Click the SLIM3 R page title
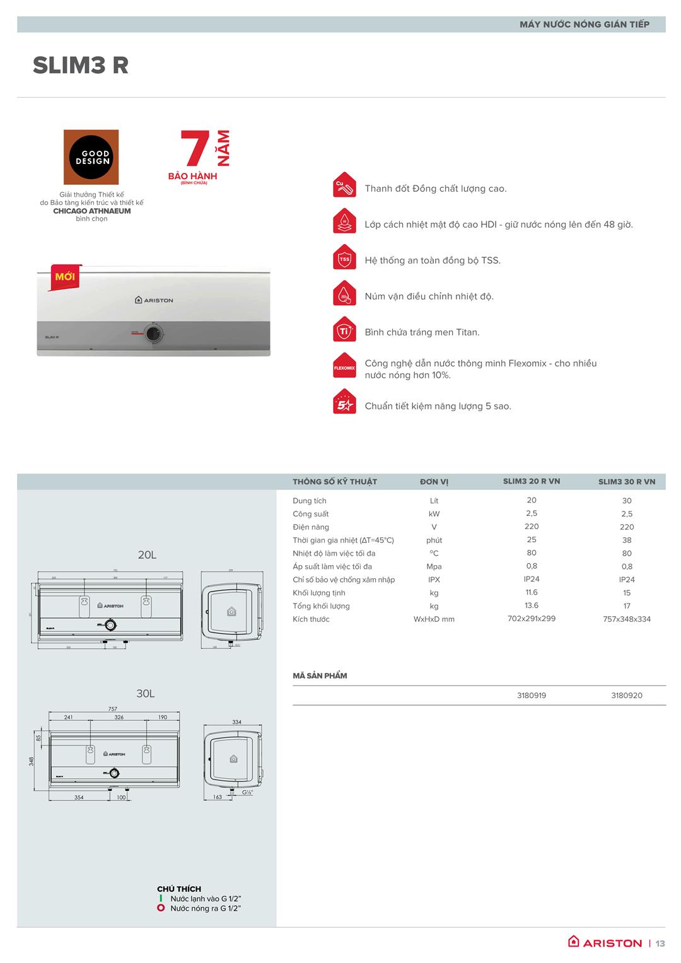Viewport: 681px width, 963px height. pos(81,66)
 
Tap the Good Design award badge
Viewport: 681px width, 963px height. pos(91,157)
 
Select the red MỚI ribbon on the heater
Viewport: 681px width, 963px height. pos(64,277)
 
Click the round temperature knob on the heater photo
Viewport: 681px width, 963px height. pos(153,333)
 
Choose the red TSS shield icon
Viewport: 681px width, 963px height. pos(344,259)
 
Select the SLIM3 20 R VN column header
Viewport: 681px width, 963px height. pos(531,481)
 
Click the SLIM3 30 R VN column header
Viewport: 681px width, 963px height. pos(626,482)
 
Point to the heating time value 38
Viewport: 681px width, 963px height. pos(626,540)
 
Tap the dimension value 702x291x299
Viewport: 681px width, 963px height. pos(531,619)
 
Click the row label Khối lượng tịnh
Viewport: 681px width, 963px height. pos(318,593)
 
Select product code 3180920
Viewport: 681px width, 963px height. pos(626,696)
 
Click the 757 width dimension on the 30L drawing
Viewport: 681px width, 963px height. pos(112,709)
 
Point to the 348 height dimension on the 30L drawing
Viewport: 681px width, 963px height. pos(32,761)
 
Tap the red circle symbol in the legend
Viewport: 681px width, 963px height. pos(161,908)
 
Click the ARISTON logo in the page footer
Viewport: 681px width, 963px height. pos(605,943)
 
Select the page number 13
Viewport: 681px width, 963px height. pos(660,943)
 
